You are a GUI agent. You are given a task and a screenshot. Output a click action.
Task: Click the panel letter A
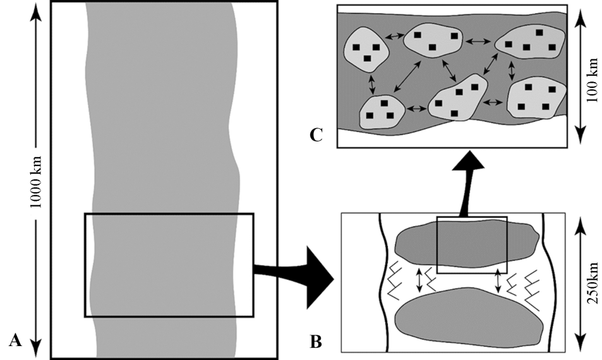tap(16, 342)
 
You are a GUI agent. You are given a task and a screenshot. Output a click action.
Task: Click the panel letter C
tap(318, 134)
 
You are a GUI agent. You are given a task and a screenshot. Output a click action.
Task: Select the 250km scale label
tap(593, 282)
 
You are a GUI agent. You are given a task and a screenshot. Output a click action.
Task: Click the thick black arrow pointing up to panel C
tap(466, 183)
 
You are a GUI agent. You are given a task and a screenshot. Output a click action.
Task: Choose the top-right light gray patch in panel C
tap(531, 44)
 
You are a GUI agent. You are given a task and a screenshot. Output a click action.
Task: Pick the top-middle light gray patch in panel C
tap(433, 41)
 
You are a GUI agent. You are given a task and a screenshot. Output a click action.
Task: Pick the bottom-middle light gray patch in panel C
tap(458, 98)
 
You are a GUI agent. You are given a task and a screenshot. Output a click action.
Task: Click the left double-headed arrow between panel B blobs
tap(418, 281)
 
